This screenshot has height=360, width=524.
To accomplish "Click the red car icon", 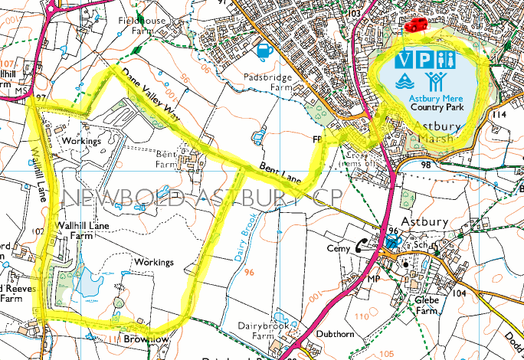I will [x=417, y=25].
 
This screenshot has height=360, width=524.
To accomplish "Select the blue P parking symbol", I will [x=427, y=59].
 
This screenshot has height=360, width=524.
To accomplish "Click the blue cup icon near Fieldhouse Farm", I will [x=265, y=51].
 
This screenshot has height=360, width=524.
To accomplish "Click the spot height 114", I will [x=500, y=115].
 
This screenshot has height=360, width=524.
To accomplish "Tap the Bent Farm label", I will [x=166, y=158].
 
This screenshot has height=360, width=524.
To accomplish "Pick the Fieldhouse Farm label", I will [x=142, y=25].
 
